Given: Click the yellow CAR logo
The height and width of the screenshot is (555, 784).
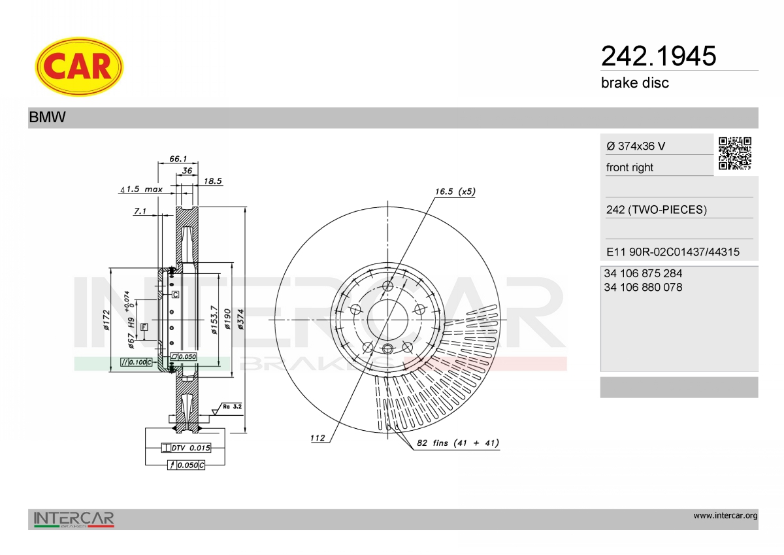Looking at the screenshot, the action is pyautogui.click(x=79, y=67).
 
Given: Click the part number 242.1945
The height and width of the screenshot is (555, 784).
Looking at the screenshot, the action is pyautogui.click(x=659, y=56).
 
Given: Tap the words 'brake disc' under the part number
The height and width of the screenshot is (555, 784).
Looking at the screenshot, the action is pyautogui.click(x=635, y=83).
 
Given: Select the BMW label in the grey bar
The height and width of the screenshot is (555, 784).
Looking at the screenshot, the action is pyautogui.click(x=47, y=117).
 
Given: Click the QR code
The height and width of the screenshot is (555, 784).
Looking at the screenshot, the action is pyautogui.click(x=735, y=154).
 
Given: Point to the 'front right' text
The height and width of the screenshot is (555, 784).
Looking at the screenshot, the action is pyautogui.click(x=630, y=167).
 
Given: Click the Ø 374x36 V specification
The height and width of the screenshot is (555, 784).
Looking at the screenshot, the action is pyautogui.click(x=636, y=146).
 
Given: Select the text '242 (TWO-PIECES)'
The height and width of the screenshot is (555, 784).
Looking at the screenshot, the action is pyautogui.click(x=657, y=210).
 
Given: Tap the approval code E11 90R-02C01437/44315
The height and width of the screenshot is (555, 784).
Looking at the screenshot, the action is pyautogui.click(x=673, y=252).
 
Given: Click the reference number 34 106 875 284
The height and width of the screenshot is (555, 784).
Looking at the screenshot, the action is pyautogui.click(x=643, y=273).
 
